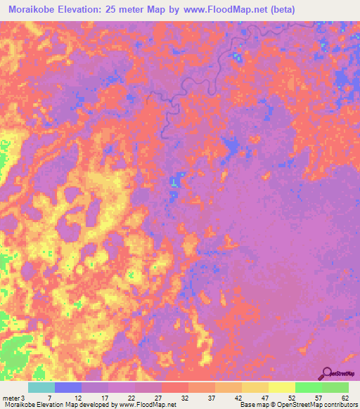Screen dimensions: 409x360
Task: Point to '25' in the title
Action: click(x=130, y=9)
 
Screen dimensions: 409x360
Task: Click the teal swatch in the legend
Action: click(x=41, y=388)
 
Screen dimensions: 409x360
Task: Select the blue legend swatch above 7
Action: click(x=67, y=388)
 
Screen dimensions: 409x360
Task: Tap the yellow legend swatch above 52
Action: click(x=281, y=388)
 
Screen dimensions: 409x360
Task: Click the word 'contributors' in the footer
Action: click(x=339, y=404)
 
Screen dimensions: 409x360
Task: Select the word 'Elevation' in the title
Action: click(x=93, y=9)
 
